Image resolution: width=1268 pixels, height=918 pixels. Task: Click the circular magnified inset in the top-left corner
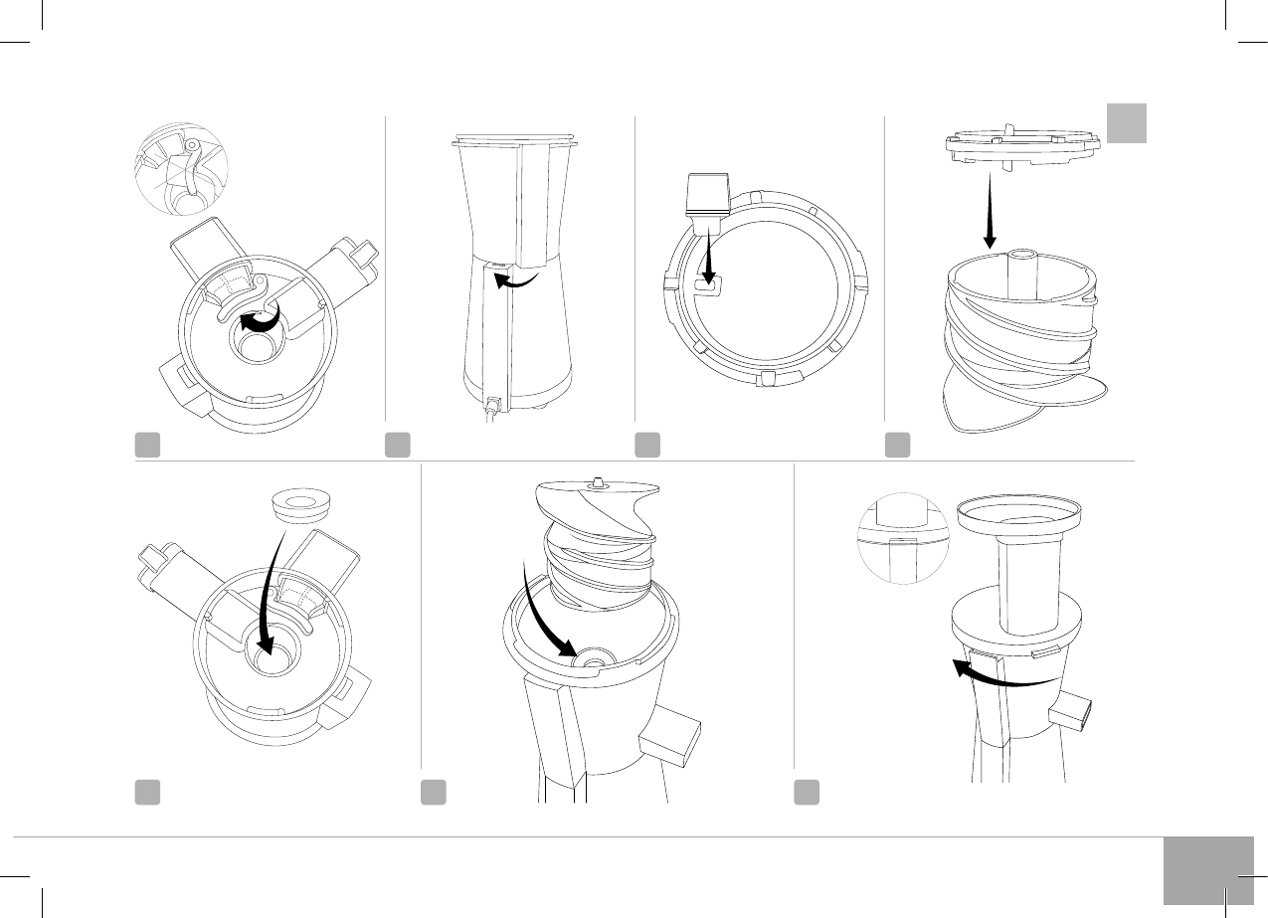pos(180,168)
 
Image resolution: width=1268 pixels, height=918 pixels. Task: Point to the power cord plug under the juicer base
pos(490,407)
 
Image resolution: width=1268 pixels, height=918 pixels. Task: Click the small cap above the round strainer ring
pos(708,196)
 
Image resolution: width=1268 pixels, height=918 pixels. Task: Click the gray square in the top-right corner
pos(1127,123)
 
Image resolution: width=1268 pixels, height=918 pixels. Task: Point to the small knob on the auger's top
pos(598,482)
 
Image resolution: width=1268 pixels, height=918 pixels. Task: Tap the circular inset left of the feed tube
pos(903,537)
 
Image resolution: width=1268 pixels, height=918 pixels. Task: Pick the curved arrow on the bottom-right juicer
pos(1004,676)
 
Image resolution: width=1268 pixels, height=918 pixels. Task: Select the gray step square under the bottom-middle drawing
pos(433,793)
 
